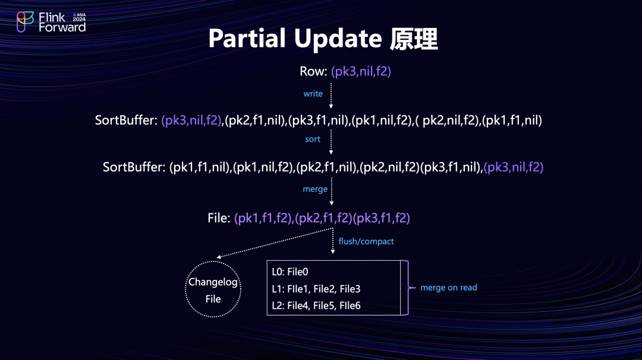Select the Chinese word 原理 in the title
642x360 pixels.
[414, 39]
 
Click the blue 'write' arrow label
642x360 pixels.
[313, 93]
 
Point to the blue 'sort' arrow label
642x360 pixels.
[313, 139]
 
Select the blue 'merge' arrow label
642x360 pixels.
[315, 189]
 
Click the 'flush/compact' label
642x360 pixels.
[366, 241]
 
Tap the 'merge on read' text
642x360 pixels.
[448, 288]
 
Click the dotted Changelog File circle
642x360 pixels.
[213, 290]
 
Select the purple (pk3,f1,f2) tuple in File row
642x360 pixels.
[382, 218]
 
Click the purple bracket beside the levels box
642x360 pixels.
[405, 288]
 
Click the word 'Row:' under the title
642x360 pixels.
[313, 71]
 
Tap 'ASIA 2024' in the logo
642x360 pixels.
[79, 17]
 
